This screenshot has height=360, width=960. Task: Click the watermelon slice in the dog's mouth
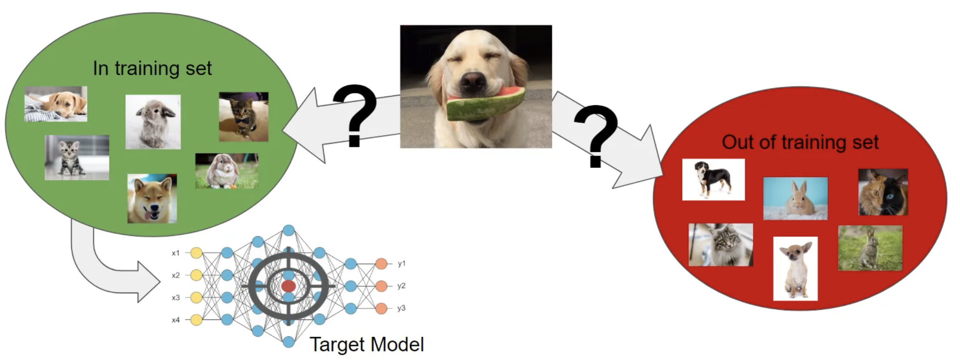coord(486,105)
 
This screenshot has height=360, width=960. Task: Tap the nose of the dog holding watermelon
coord(472,81)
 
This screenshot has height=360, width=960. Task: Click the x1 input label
coord(176,253)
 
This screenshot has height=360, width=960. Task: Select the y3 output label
coord(401,308)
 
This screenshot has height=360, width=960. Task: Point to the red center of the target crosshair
coord(288,286)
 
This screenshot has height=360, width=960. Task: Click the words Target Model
coord(367,344)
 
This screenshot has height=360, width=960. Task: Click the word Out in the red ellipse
coord(737,142)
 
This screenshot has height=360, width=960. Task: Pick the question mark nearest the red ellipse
coord(596,136)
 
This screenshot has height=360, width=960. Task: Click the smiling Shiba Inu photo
coord(152,198)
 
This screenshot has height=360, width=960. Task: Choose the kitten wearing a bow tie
coord(243,117)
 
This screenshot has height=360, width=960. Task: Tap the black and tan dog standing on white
coord(713,179)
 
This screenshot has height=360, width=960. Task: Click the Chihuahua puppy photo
coord(795,268)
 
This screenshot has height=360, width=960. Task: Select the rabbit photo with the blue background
coord(795,198)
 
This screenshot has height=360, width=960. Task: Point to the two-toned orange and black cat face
coord(882,192)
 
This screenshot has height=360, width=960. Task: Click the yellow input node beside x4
coord(196,320)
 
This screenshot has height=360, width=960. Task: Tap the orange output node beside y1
coord(381,264)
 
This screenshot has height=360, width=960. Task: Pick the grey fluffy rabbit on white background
coord(153,122)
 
